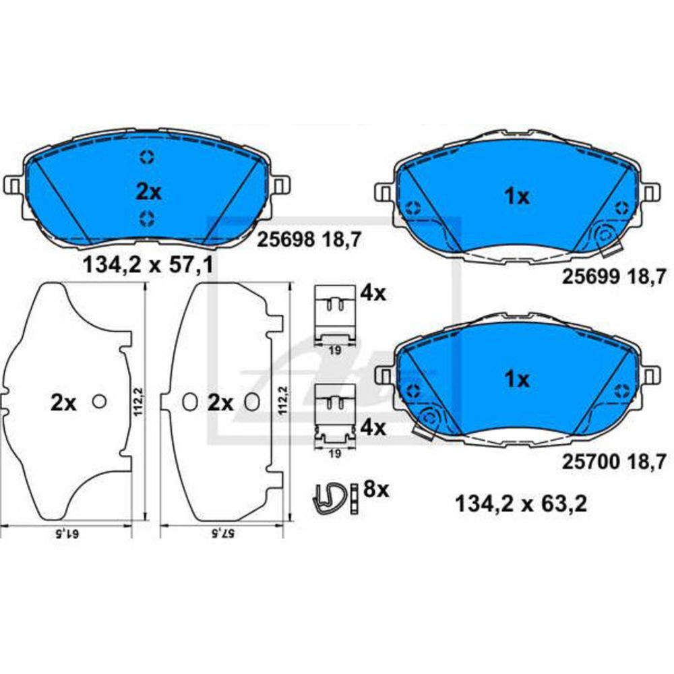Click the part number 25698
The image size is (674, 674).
(x=285, y=240)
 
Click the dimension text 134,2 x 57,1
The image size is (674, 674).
(x=148, y=265)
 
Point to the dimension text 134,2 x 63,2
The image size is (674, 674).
(x=520, y=503)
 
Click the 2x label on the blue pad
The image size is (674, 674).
(x=148, y=192)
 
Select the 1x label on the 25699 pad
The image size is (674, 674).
(x=517, y=197)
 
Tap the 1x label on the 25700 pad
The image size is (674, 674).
(x=517, y=379)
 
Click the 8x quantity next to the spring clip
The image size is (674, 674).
(x=375, y=489)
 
